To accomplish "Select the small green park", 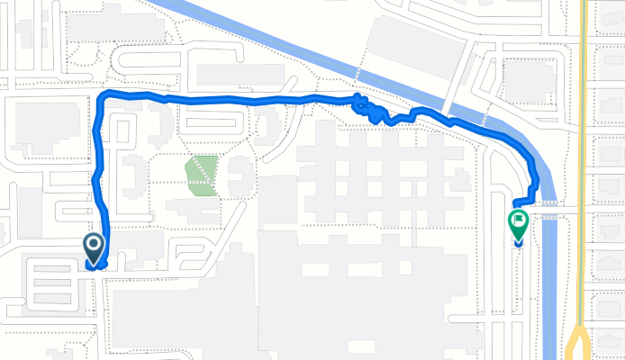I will pos(202,175).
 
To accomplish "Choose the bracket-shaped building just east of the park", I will pos(239,176).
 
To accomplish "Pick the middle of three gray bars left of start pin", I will pos(52,283).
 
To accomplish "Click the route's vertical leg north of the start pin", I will pos(96,171).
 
